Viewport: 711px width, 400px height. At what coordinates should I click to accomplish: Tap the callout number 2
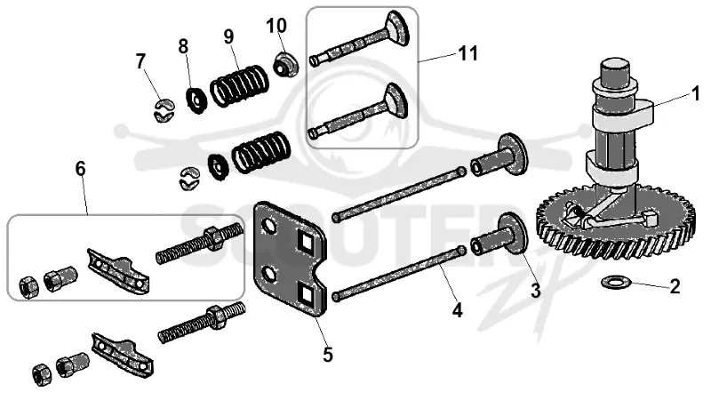pyautogui.click(x=675, y=286)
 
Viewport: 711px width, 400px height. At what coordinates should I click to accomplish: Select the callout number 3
pyautogui.click(x=536, y=291)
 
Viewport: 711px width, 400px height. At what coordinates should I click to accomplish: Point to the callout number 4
pyautogui.click(x=457, y=310)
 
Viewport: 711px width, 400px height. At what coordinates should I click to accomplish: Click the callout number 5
pyautogui.click(x=328, y=355)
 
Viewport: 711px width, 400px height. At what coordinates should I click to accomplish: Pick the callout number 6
pyautogui.click(x=80, y=169)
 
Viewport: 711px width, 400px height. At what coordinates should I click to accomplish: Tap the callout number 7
pyautogui.click(x=141, y=61)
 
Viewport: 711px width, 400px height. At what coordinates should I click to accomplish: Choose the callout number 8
pyautogui.click(x=183, y=46)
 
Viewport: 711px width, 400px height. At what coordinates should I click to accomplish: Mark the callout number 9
pyautogui.click(x=228, y=36)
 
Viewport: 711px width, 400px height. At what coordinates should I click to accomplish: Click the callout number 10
pyautogui.click(x=276, y=26)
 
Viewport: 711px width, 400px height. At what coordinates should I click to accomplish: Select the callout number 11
pyautogui.click(x=468, y=53)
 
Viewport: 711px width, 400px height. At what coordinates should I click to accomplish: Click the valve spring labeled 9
pyautogui.click(x=239, y=85)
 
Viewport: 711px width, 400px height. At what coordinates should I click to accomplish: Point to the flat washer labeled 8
pyautogui.click(x=197, y=100)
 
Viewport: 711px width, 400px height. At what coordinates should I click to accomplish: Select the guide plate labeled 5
pyautogui.click(x=291, y=259)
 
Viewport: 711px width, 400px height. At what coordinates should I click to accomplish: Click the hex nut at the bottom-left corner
pyautogui.click(x=42, y=373)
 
